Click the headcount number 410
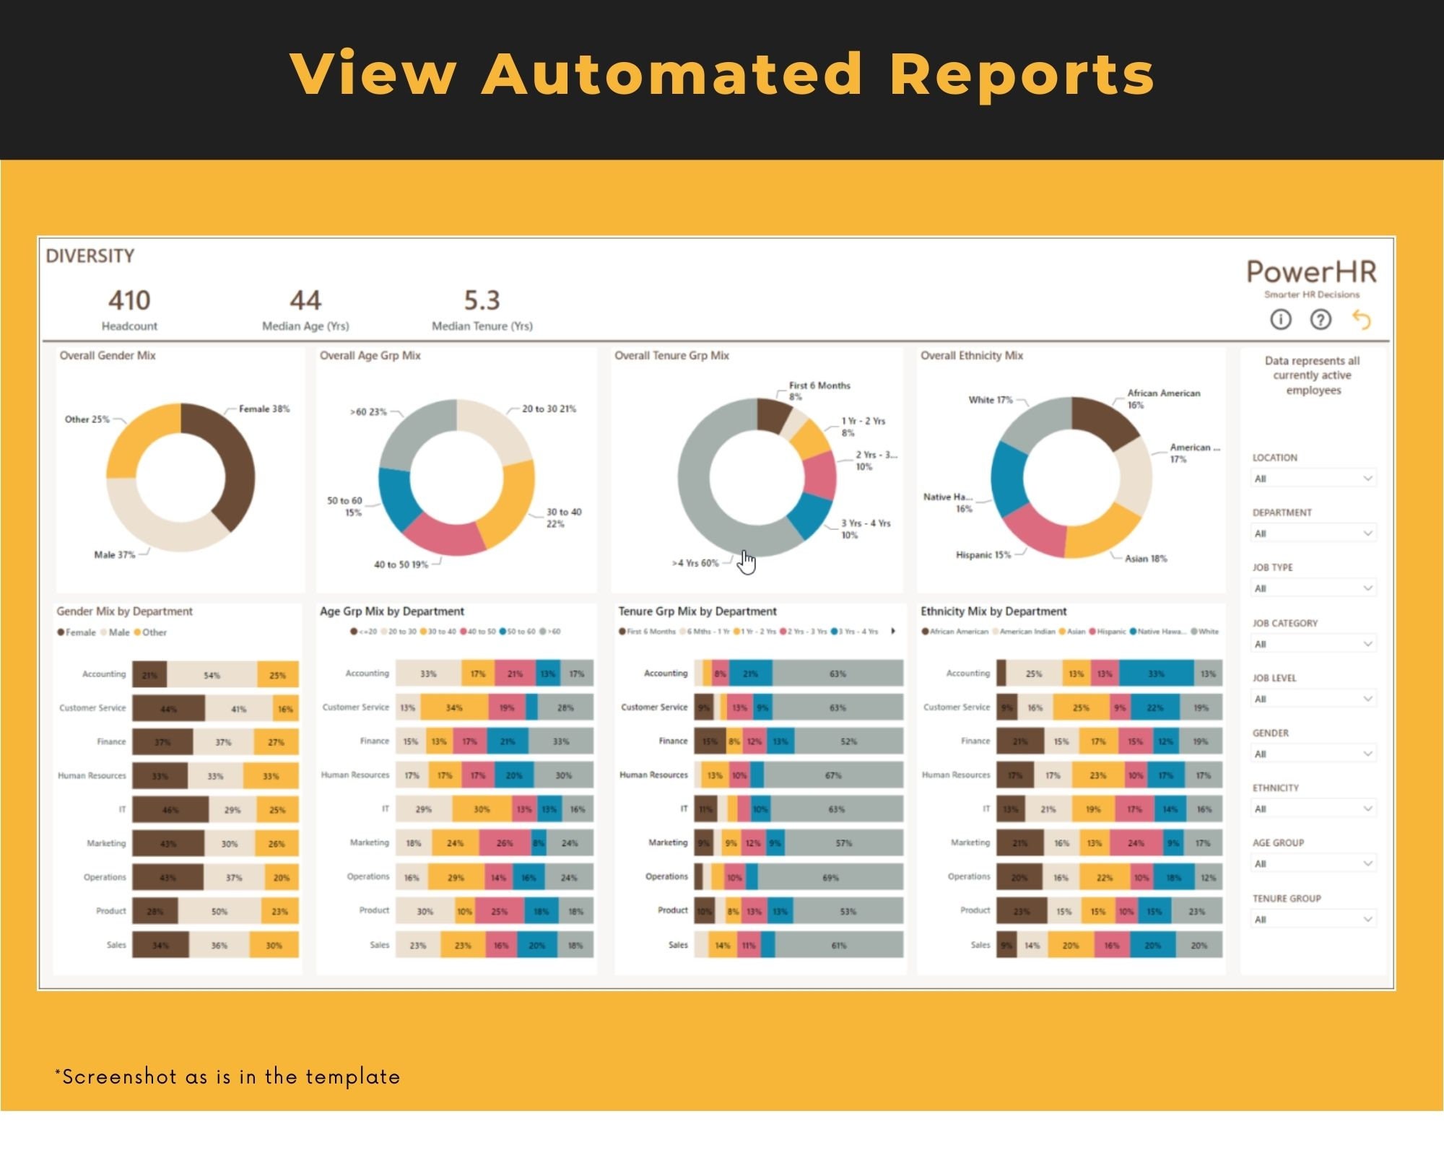point(129,300)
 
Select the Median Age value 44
point(305,300)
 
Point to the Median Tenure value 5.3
point(482,300)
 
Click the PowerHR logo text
point(1311,272)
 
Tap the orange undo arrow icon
point(1361,319)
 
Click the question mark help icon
point(1321,319)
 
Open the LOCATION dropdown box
point(1313,479)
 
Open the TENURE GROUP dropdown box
point(1313,920)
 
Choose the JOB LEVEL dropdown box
point(1313,699)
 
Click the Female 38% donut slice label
point(264,409)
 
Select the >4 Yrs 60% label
point(695,563)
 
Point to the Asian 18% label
point(1145,559)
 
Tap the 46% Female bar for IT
point(170,810)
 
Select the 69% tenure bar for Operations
point(830,878)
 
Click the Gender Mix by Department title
point(124,611)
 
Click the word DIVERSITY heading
point(90,256)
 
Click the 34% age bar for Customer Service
point(454,708)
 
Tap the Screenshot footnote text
point(227,1077)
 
